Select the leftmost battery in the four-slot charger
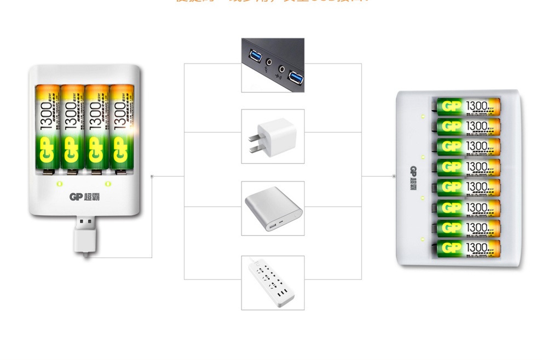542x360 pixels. click(48, 129)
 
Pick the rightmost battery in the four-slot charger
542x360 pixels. click(121, 129)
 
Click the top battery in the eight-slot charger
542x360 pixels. click(469, 106)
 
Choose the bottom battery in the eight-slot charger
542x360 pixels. click(469, 248)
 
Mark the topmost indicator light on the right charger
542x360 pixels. click(423, 116)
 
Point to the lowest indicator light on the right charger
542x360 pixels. click(423, 239)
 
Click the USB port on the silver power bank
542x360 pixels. click(270, 225)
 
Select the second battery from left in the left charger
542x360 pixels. click(72, 129)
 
